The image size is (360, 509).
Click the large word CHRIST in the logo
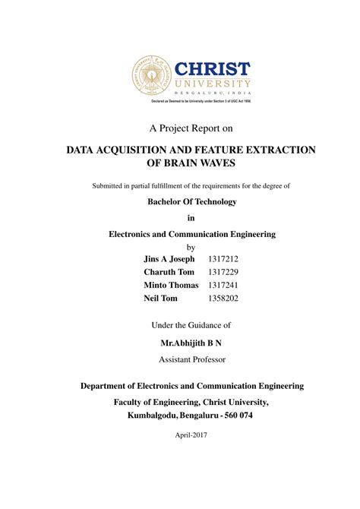(x=213, y=66)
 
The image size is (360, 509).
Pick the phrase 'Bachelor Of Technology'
(x=191, y=201)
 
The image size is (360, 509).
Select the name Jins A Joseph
(x=169, y=259)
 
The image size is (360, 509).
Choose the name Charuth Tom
(x=169, y=272)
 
